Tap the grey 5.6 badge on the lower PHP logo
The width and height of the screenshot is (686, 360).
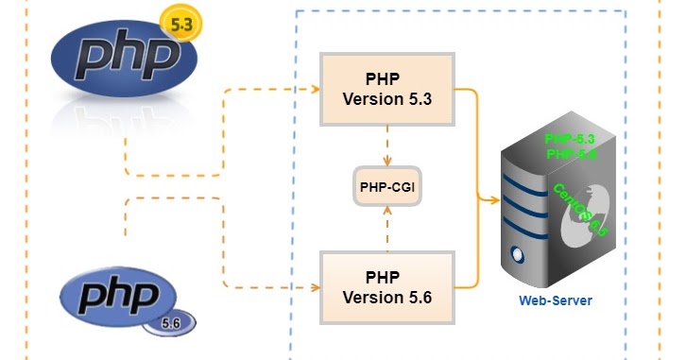click(170, 322)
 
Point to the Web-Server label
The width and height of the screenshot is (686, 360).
click(555, 300)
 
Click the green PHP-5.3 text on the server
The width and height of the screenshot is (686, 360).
click(570, 140)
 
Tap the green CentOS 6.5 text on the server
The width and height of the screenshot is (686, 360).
click(578, 209)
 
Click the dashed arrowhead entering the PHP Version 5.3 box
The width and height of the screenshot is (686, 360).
click(314, 90)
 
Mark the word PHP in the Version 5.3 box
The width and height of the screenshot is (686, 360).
click(387, 78)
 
